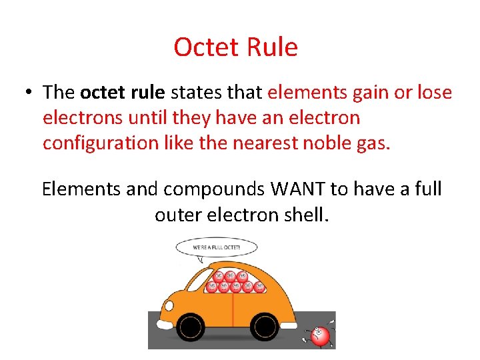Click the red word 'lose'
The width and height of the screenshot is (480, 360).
pyautogui.click(x=433, y=92)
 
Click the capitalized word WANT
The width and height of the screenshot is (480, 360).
pyautogui.click(x=298, y=189)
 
